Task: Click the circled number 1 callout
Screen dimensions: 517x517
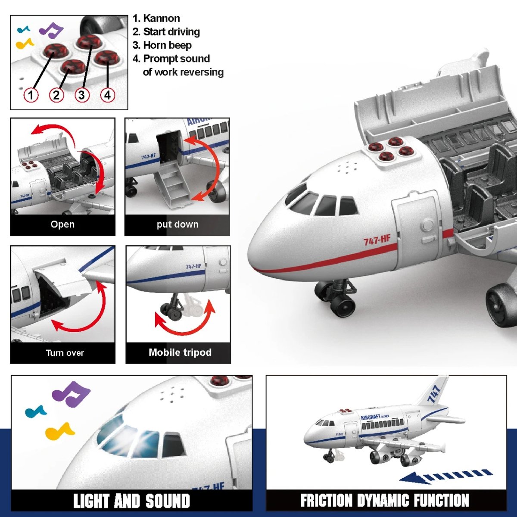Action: pyautogui.click(x=31, y=95)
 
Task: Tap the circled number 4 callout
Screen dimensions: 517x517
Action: pyautogui.click(x=108, y=95)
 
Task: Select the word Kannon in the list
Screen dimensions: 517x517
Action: pyautogui.click(x=162, y=18)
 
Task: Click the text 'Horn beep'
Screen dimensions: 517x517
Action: pyautogui.click(x=168, y=45)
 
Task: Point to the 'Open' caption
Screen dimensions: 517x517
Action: pyautogui.click(x=62, y=224)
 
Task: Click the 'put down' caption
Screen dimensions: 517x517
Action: pyautogui.click(x=178, y=224)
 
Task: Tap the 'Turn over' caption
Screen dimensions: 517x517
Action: pyautogui.click(x=65, y=352)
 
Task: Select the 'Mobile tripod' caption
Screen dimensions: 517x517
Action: pyautogui.click(x=180, y=352)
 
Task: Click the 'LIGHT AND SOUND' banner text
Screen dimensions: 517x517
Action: pyautogui.click(x=132, y=501)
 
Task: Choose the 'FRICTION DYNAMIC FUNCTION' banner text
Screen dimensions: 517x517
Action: pyautogui.click(x=385, y=500)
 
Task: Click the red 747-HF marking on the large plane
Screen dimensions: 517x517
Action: pyautogui.click(x=377, y=240)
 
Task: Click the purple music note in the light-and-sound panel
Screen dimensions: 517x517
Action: pyautogui.click(x=71, y=394)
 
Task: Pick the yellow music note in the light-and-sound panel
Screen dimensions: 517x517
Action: pyautogui.click(x=59, y=431)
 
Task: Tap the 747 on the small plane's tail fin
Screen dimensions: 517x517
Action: pyautogui.click(x=434, y=394)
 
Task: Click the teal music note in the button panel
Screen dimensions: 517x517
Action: pyautogui.click(x=24, y=29)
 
